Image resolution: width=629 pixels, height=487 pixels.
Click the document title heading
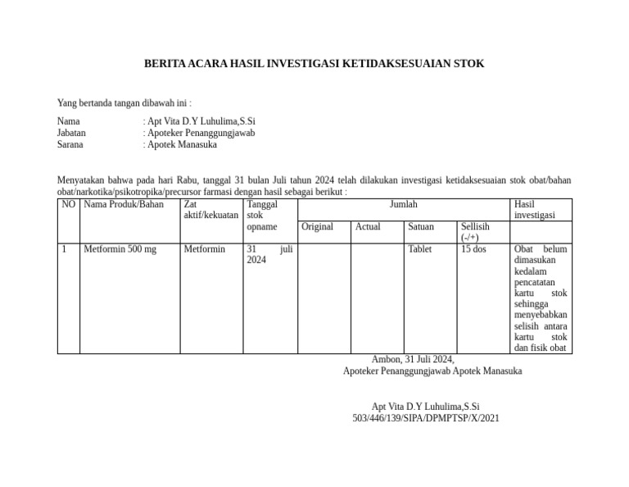(x=314, y=63)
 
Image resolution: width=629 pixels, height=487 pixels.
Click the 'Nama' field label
(x=69, y=121)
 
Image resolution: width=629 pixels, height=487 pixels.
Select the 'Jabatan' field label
(x=71, y=132)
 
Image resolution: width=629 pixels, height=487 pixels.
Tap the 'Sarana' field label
(x=70, y=144)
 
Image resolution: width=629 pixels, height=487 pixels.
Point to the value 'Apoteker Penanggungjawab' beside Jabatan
(x=201, y=132)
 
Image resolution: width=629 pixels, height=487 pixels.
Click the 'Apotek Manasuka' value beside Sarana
(x=182, y=144)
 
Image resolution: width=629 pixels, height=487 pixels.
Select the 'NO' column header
(x=69, y=204)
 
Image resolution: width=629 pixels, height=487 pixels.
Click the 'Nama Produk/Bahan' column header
(x=124, y=204)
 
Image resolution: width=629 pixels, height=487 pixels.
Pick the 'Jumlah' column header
(x=403, y=204)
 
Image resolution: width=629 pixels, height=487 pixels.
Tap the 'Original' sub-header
(x=317, y=226)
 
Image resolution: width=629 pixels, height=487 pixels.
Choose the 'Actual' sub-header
(x=368, y=226)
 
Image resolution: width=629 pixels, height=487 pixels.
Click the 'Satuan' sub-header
(x=421, y=226)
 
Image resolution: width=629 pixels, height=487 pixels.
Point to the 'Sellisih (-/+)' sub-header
(x=475, y=231)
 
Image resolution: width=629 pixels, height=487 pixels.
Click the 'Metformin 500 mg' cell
(x=120, y=249)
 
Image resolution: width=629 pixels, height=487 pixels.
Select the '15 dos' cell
(x=473, y=249)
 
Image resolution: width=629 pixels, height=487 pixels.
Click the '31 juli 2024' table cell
(x=269, y=254)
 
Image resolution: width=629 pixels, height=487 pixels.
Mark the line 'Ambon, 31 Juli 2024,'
(x=413, y=359)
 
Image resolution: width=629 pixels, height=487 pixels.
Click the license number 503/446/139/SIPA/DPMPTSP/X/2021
(x=425, y=418)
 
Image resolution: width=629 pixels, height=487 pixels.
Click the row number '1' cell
(x=65, y=249)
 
